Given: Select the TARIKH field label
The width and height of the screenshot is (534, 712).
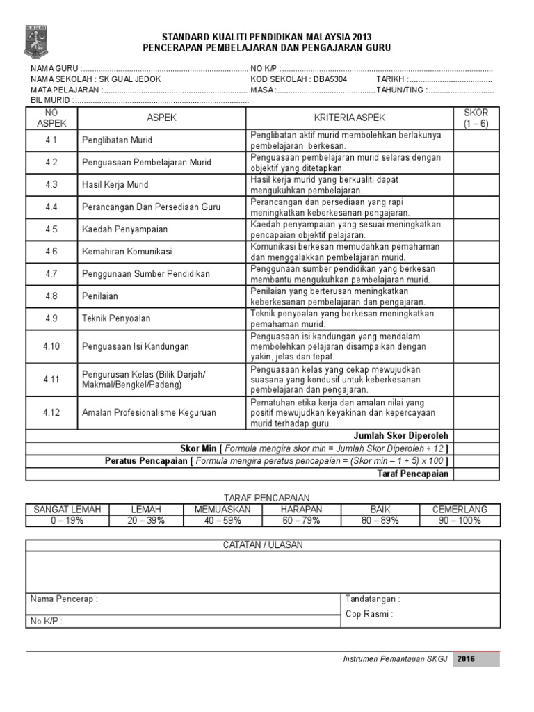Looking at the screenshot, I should tap(391, 79).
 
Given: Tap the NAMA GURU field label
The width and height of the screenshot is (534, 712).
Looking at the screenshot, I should tap(55, 70).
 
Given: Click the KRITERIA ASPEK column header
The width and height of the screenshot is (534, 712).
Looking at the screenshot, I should tap(350, 118).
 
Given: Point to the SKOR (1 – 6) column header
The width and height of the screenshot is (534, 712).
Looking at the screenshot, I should tap(476, 118).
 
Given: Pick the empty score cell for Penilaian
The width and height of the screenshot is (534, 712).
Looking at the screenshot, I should tap(476, 296).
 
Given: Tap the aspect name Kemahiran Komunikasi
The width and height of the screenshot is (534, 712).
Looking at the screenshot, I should tap(127, 251).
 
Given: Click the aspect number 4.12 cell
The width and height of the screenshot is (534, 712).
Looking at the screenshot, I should tap(51, 412).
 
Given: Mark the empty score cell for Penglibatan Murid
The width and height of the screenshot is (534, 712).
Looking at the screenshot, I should tap(476, 140).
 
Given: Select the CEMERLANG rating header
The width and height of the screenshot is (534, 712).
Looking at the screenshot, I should tap(460, 510).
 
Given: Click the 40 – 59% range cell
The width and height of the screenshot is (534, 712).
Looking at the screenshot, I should tap(218, 520).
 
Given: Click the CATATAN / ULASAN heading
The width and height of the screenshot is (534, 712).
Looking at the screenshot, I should tap(263, 544).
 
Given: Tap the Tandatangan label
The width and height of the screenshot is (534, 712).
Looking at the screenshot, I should tap(372, 599).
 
